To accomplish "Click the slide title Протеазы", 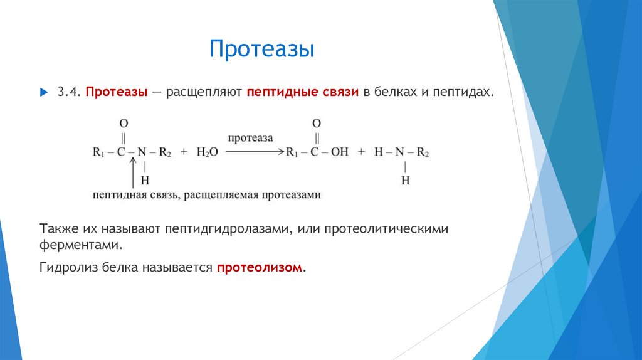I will (261, 50).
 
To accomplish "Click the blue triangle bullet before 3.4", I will (43, 92).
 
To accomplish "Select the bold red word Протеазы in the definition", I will (117, 92).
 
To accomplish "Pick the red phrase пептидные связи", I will (302, 92).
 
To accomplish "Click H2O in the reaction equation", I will (207, 152).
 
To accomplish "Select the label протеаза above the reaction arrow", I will (250, 137).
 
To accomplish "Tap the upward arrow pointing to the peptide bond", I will (132, 172).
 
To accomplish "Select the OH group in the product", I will (339, 152).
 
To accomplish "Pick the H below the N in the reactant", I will (145, 181).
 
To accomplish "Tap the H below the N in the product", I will (405, 181).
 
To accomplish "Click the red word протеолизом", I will (260, 268).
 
